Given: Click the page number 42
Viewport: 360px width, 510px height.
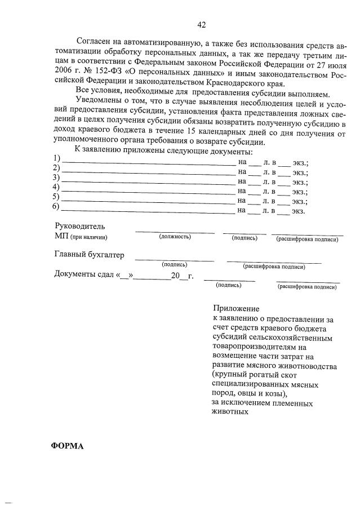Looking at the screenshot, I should click(x=201, y=24).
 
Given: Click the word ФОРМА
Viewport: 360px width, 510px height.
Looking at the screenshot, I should click(x=67, y=445).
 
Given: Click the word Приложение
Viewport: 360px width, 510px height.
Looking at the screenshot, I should click(x=236, y=308).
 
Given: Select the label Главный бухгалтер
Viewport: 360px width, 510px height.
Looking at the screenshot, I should click(x=89, y=255).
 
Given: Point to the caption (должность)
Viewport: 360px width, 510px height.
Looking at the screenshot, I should click(x=175, y=237).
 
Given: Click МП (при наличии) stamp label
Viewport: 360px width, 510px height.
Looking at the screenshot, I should click(x=81, y=237).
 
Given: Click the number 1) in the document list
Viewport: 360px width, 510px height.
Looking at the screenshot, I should click(x=56, y=157).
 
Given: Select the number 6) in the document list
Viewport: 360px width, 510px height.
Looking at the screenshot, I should click(x=56, y=207).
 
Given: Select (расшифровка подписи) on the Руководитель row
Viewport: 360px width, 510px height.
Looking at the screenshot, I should click(x=307, y=239).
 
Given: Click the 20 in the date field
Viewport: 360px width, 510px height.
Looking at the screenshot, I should click(x=176, y=276).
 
